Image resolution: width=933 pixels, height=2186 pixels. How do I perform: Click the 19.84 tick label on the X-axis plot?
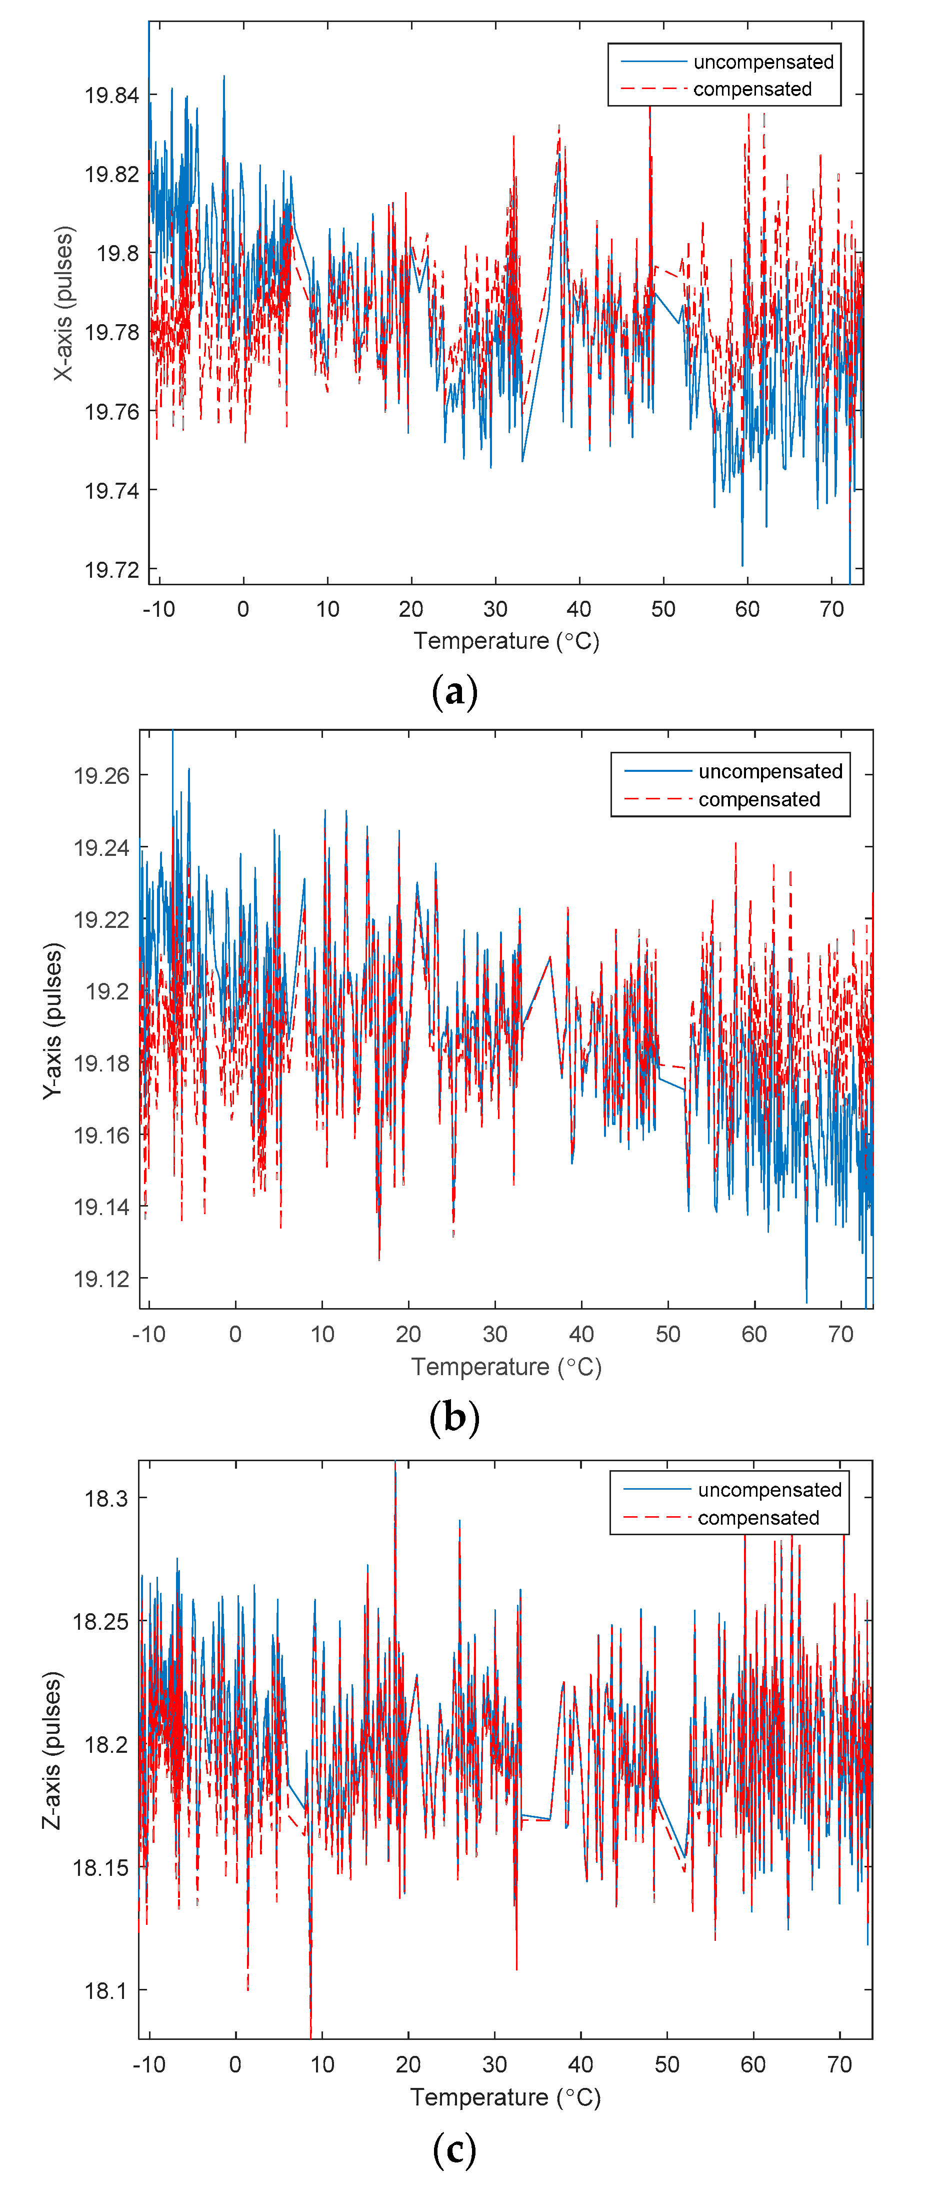(111, 95)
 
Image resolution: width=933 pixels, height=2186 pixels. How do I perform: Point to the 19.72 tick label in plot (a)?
(111, 569)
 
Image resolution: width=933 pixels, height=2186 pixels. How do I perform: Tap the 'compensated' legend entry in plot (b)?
(759, 799)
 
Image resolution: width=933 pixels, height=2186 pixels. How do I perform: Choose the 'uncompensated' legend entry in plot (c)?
(769, 1490)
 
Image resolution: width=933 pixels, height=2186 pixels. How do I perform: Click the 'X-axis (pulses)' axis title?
(63, 303)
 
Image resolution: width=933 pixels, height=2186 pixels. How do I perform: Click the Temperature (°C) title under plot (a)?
(506, 641)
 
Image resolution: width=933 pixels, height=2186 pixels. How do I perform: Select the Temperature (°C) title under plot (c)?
(505, 2098)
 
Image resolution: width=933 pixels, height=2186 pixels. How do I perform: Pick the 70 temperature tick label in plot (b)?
(840, 1334)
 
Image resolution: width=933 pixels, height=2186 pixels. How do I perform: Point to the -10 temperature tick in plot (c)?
(149, 2064)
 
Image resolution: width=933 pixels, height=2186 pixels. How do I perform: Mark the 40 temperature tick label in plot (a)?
(579, 609)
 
